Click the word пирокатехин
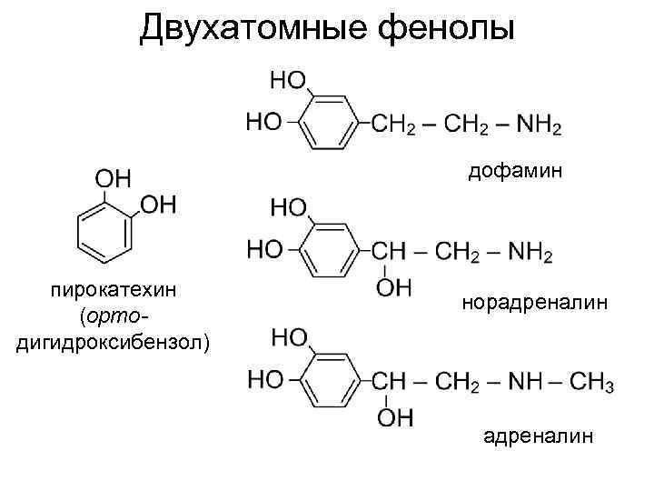[113, 291]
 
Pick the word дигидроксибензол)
[113, 342]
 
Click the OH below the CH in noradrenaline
[393, 288]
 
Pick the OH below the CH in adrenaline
[393, 417]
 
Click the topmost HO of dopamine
[288, 79]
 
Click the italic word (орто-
[114, 316]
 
